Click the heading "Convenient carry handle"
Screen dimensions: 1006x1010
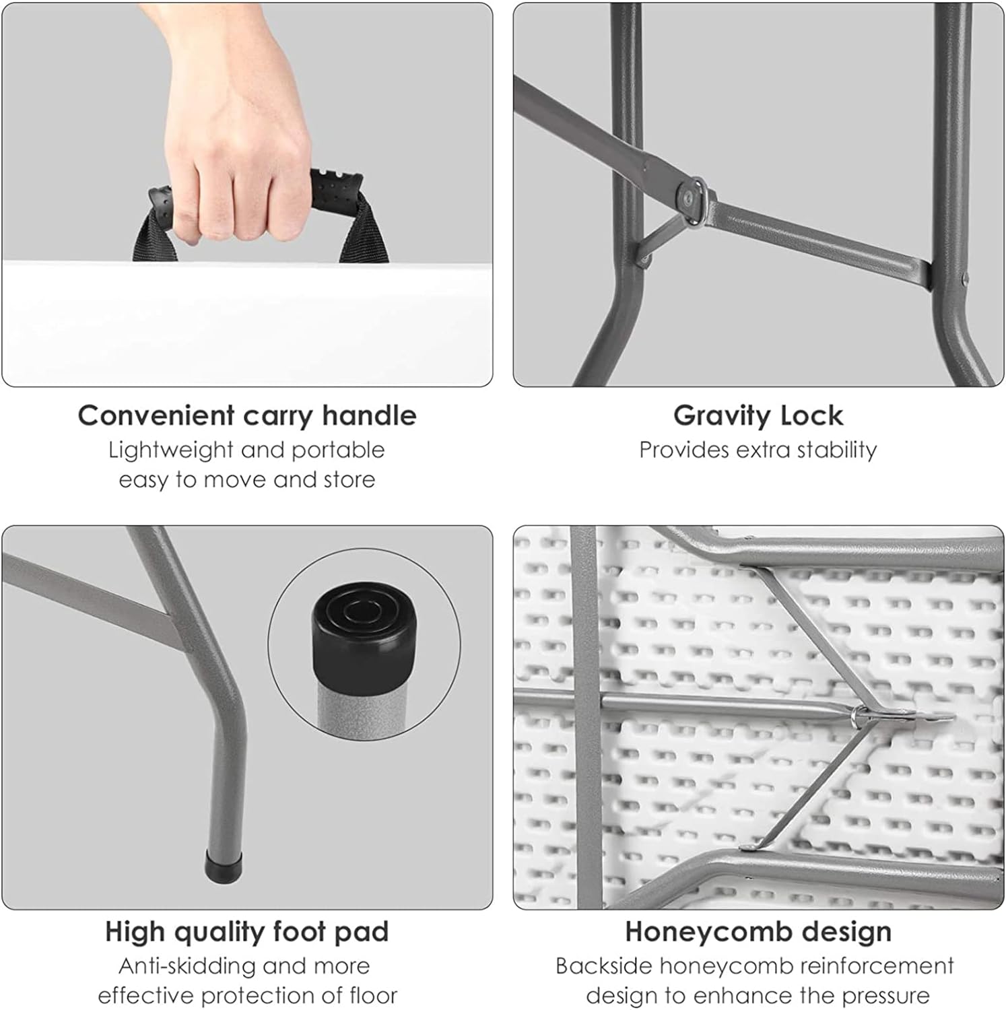click(x=247, y=415)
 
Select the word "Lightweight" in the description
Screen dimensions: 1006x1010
click(x=171, y=450)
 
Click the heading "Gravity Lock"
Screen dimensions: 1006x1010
click(x=758, y=415)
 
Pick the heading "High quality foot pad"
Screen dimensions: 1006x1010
click(x=247, y=932)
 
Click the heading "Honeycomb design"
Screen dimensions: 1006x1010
click(x=758, y=932)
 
